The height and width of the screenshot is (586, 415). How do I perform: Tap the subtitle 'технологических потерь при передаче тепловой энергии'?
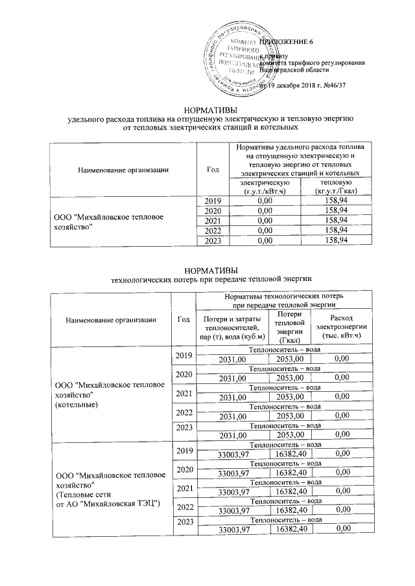(207, 279)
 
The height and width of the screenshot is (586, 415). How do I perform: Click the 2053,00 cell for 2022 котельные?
(290, 416)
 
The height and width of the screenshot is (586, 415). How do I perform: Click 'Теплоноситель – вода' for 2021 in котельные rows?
(285, 387)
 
